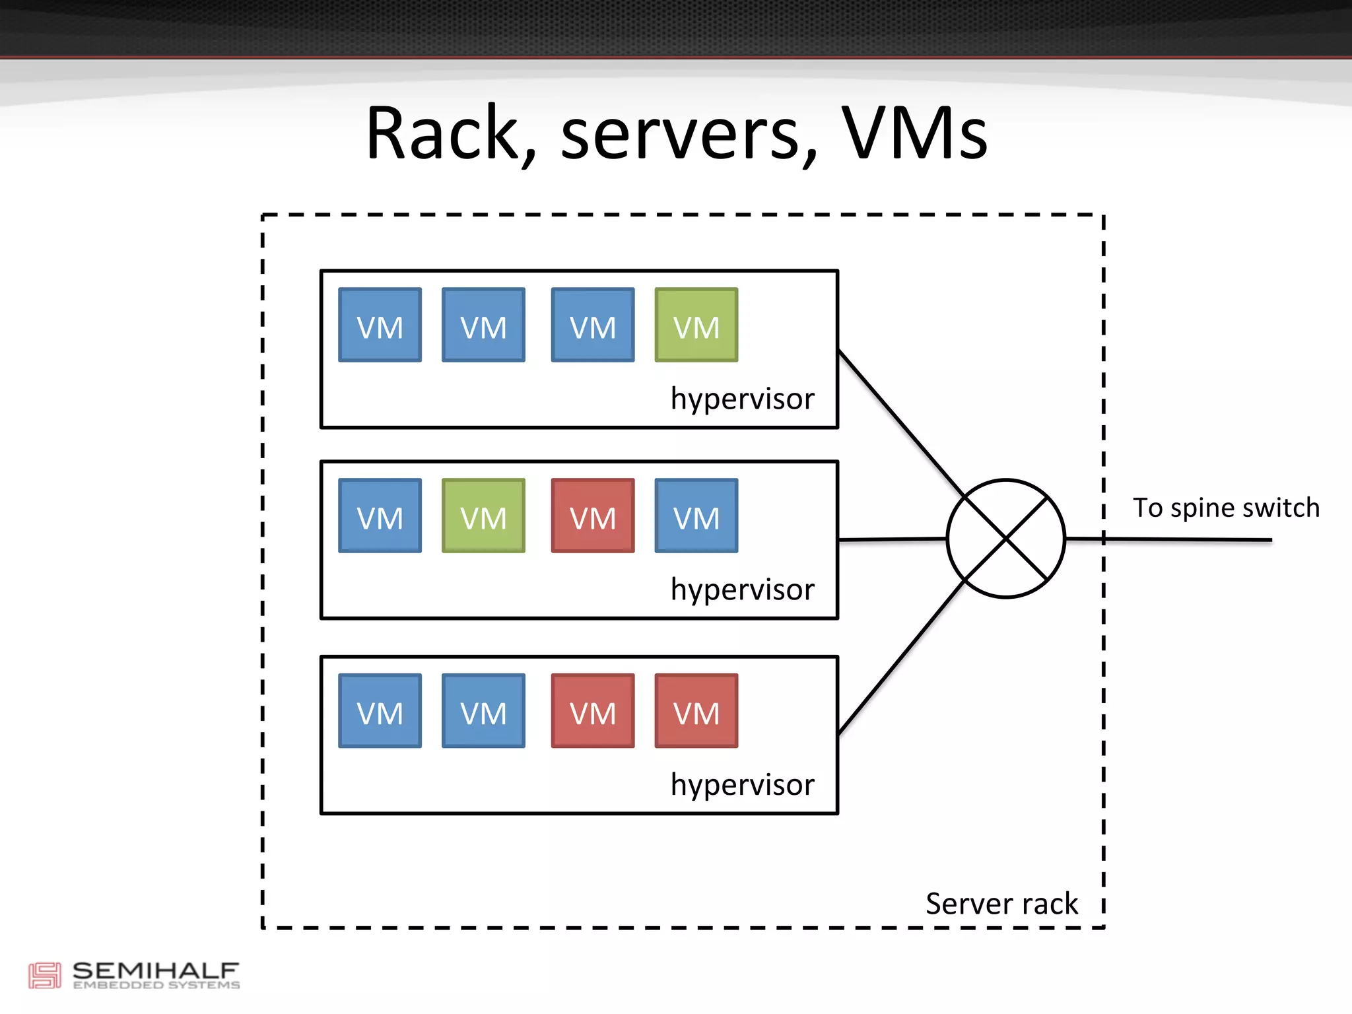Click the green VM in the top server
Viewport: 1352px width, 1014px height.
click(x=696, y=325)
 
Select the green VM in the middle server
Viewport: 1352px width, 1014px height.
click(x=483, y=516)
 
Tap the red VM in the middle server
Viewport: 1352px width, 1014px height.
click(x=593, y=516)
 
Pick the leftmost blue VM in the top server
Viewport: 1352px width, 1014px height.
click(x=380, y=325)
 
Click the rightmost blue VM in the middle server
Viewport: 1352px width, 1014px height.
click(x=696, y=516)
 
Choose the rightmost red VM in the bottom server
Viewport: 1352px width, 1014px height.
click(x=696, y=711)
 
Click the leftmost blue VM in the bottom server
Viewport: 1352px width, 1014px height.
click(x=380, y=711)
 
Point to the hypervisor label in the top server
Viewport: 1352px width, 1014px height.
click(x=742, y=399)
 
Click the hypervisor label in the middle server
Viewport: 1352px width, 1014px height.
click(x=742, y=590)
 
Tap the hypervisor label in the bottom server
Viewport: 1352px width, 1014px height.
click(x=742, y=785)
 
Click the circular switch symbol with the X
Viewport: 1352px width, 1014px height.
click(x=1005, y=539)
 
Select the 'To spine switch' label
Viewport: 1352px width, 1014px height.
click(x=1226, y=508)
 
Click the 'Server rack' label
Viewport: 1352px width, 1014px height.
click(x=1001, y=904)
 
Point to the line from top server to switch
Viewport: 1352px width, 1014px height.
click(x=900, y=422)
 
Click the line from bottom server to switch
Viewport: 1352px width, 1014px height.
click(x=900, y=658)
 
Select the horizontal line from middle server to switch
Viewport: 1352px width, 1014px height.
click(x=891, y=539)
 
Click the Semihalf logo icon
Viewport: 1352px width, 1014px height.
click(x=44, y=975)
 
